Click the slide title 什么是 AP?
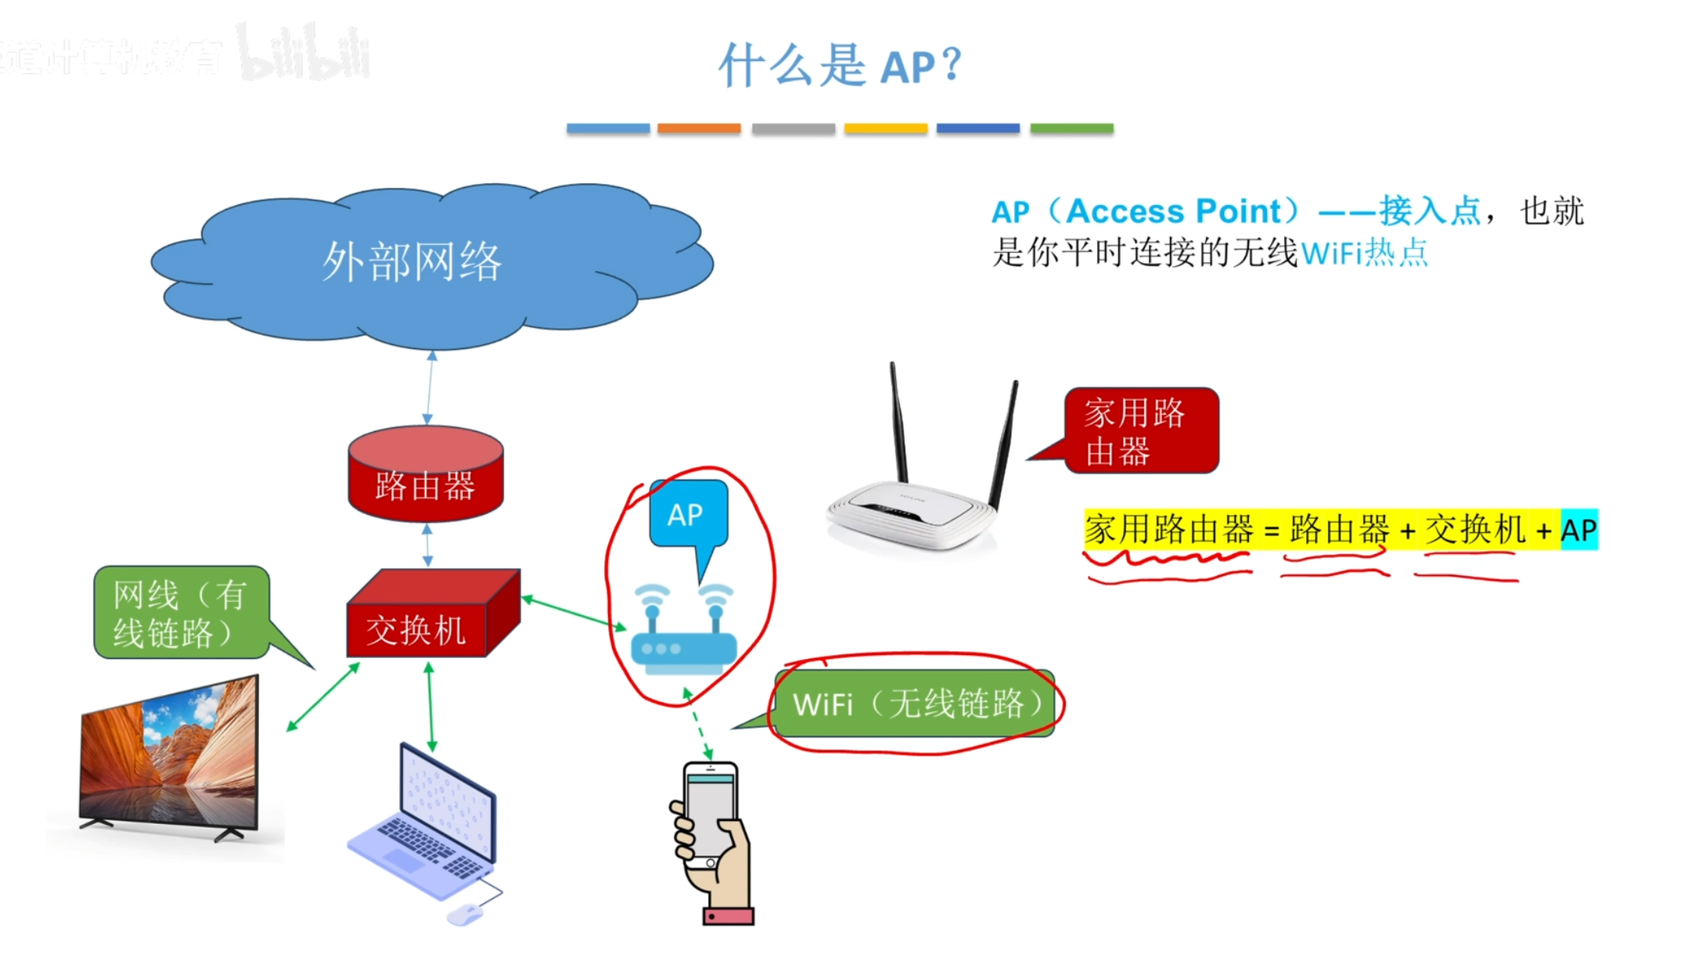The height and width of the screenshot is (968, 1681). pyautogui.click(x=840, y=65)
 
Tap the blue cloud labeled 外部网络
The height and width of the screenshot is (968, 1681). pyautogui.click(x=430, y=262)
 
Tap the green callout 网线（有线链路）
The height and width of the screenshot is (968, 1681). pyautogui.click(x=181, y=613)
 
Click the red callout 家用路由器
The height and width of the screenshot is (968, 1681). pyautogui.click(x=1140, y=431)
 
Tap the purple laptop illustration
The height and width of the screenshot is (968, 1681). pyautogui.click(x=427, y=822)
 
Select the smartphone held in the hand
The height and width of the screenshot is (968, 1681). pyautogui.click(x=710, y=814)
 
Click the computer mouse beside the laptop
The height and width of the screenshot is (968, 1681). pyautogui.click(x=466, y=913)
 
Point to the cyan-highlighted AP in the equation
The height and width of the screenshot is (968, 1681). pyautogui.click(x=1578, y=531)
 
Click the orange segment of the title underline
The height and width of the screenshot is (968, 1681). pyautogui.click(x=699, y=128)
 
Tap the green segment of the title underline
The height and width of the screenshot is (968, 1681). pyautogui.click(x=1071, y=128)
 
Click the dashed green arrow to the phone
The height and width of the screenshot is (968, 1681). pyautogui.click(x=698, y=725)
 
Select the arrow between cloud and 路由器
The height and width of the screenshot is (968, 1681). pyautogui.click(x=430, y=388)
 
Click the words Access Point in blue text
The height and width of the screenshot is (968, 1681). pyautogui.click(x=1174, y=211)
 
